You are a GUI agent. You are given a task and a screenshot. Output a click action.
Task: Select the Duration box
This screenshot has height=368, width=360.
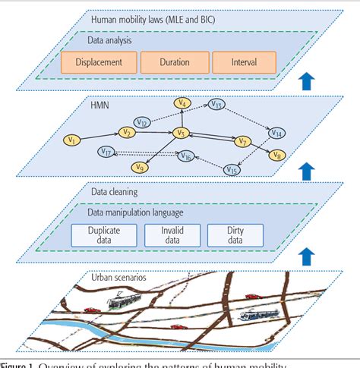174,63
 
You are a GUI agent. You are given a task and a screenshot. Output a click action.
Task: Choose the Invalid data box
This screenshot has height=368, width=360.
172,234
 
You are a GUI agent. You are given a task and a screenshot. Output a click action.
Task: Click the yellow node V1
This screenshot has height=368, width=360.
72,140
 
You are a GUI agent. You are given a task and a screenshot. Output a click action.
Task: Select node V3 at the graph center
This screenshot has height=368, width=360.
181,134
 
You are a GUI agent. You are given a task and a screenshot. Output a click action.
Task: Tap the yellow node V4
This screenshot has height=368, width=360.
182,102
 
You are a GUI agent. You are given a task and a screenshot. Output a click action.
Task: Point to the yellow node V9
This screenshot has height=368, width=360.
139,167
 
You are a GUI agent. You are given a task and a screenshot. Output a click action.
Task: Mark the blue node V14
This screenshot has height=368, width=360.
278,133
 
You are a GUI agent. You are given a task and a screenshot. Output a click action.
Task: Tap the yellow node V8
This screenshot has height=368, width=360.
275,156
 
